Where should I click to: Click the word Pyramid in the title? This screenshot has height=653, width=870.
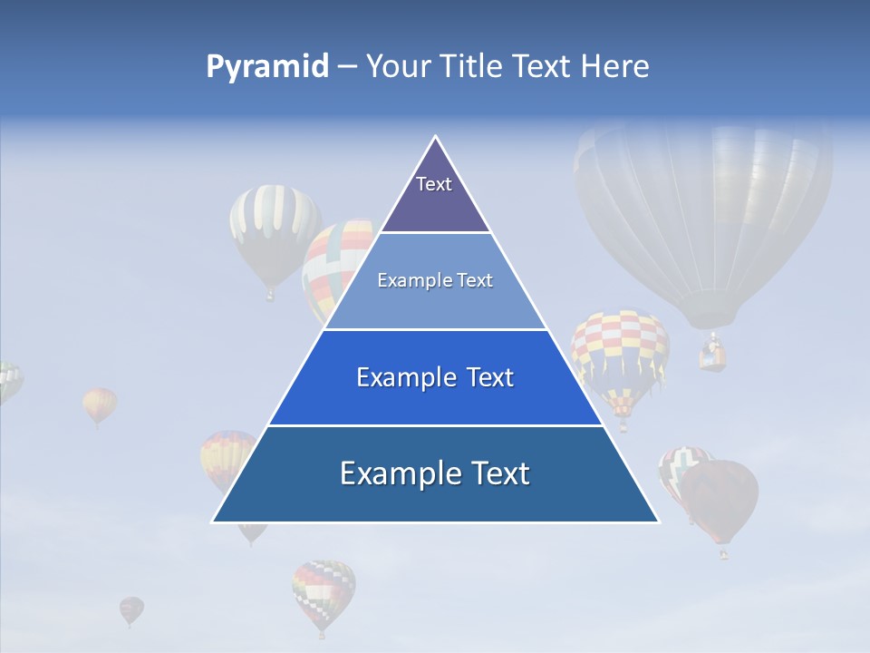point(266,67)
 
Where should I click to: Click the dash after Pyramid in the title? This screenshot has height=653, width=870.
point(347,67)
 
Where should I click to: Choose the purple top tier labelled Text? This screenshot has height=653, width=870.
point(434,195)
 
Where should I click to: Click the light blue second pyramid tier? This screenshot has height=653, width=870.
point(435,281)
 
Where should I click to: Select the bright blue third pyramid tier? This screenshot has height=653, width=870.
point(435,377)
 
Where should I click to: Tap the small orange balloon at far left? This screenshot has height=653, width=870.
point(100,404)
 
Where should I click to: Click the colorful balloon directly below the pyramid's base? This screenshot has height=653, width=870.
point(324,590)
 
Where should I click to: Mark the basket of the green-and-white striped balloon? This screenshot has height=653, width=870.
point(269,294)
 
